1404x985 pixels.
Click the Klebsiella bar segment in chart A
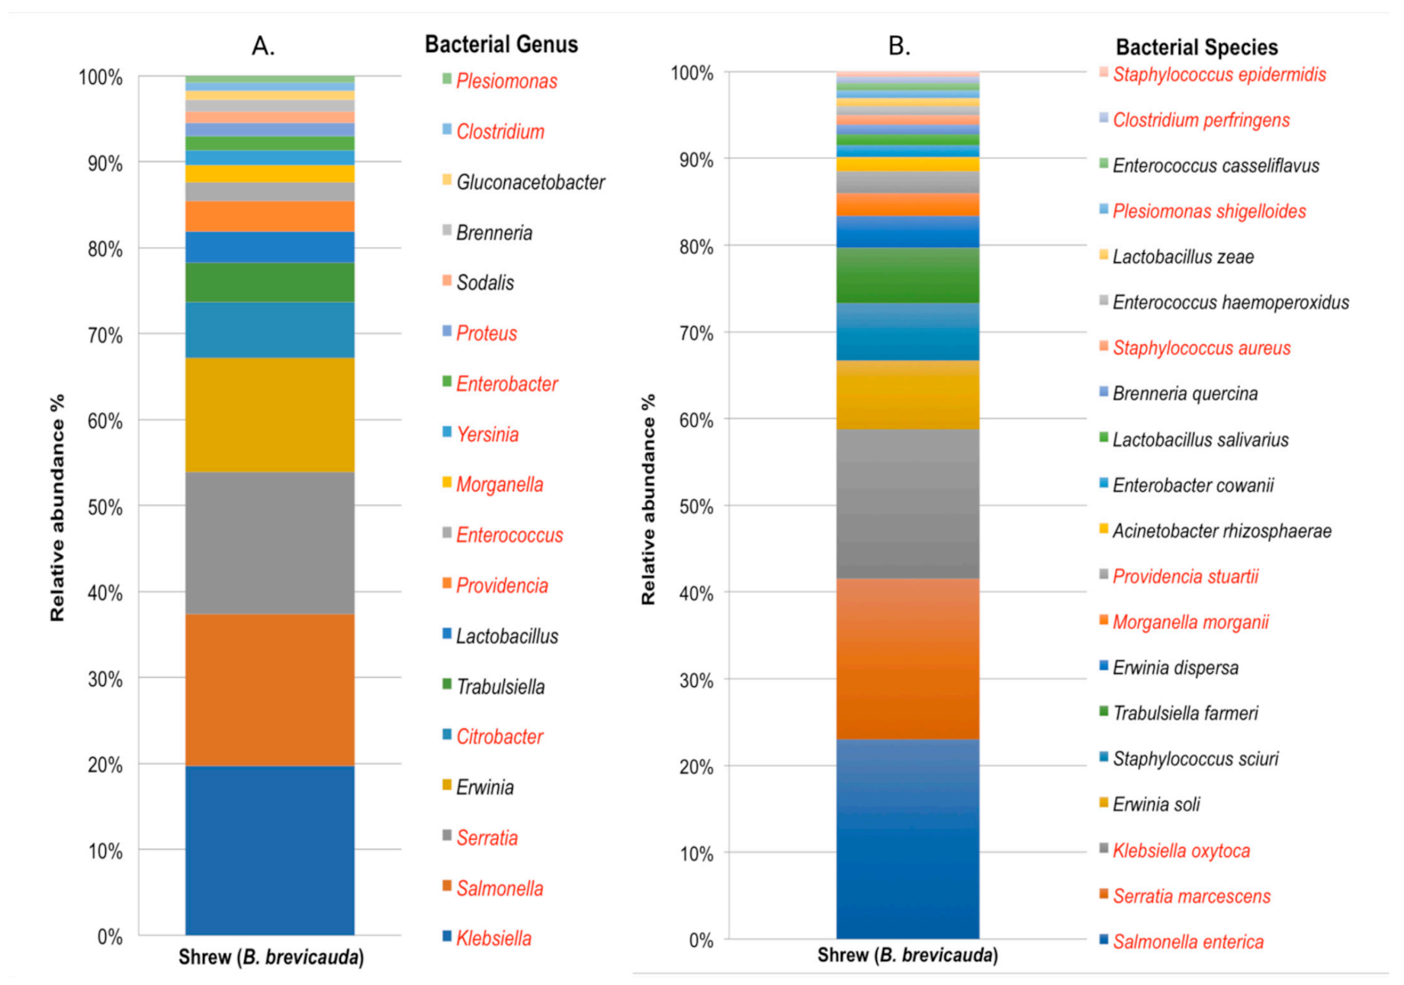coord(270,850)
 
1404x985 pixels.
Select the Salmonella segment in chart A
coord(270,690)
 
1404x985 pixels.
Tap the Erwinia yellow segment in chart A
coord(270,415)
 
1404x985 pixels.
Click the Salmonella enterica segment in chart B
coord(908,839)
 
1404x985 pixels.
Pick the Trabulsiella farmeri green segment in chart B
coord(908,275)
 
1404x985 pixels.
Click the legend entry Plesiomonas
coord(506,81)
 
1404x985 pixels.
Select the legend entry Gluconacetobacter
coord(530,182)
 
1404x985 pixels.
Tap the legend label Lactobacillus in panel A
coord(506,636)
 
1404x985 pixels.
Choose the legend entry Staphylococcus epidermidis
coord(1219,75)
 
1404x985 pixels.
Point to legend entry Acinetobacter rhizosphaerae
coord(1221,531)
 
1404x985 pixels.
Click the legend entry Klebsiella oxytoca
coord(1181,850)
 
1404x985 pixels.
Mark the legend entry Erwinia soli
coord(1155,804)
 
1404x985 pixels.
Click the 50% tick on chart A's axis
coord(105,507)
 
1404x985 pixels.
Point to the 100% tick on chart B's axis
coord(692,73)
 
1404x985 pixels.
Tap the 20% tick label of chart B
coord(696,766)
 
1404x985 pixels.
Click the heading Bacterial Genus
coord(501,44)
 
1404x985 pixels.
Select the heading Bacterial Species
coord(1196,47)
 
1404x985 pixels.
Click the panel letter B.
coord(898,46)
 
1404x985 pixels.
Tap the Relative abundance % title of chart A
coord(57,507)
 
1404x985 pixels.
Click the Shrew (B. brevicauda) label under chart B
coord(908,955)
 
